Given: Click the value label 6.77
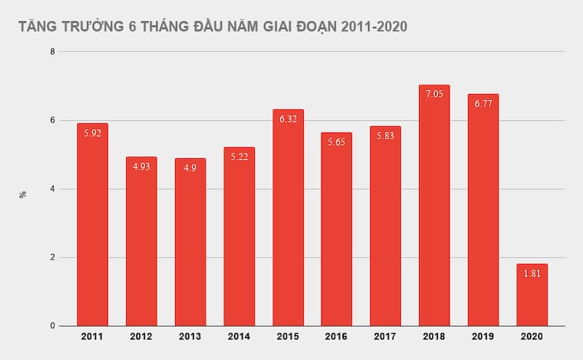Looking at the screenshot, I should coord(483,104).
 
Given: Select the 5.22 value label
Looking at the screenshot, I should coord(239,157).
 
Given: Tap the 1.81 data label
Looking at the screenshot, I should coord(532,274).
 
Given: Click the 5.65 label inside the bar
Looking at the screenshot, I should coord(337,142).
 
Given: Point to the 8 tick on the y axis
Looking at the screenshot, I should coord(52,52).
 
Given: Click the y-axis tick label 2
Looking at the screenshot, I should coord(52,257).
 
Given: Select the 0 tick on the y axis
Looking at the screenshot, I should coord(52,326).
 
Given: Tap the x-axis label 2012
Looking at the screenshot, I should coord(141,337).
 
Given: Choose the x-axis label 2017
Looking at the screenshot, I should coord(386,337).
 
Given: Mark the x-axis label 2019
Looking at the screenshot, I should coord(483,337).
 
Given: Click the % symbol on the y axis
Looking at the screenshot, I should coord(23,194).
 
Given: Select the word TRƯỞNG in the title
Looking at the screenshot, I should coord(93,27).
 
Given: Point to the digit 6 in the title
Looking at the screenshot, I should coord(132,27).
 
